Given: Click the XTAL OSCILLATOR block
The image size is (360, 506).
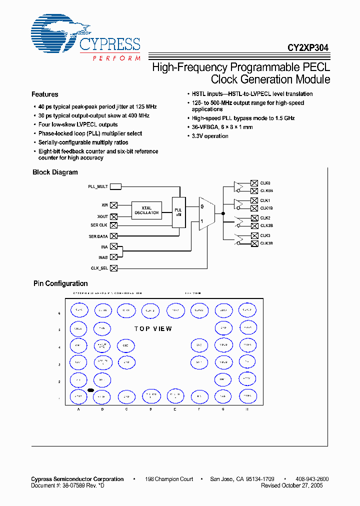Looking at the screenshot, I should [146, 210].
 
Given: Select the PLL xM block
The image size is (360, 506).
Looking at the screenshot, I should [178, 210].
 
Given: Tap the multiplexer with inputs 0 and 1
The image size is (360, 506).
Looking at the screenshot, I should [206, 213].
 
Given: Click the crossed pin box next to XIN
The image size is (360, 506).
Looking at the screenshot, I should [113, 204].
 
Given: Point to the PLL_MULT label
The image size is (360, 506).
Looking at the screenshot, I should [98, 186].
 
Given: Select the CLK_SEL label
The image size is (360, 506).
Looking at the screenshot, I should [99, 268].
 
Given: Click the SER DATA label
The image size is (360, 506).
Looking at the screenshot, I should [98, 236].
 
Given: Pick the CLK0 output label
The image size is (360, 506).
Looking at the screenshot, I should [265, 183].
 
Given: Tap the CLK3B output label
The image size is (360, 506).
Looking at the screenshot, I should [266, 243].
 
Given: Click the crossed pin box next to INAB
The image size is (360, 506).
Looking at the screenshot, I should [113, 256].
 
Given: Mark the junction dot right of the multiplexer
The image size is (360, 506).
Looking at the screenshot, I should [223, 213].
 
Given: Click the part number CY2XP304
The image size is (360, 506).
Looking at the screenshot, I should [307, 48].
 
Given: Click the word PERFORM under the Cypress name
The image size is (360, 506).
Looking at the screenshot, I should [116, 58].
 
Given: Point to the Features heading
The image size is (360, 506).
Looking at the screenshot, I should [45, 94].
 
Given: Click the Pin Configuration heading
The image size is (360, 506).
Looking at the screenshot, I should [60, 283].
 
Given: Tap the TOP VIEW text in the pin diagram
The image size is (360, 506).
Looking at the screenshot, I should [153, 328].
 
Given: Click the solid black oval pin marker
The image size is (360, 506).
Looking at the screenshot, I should [91, 389].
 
